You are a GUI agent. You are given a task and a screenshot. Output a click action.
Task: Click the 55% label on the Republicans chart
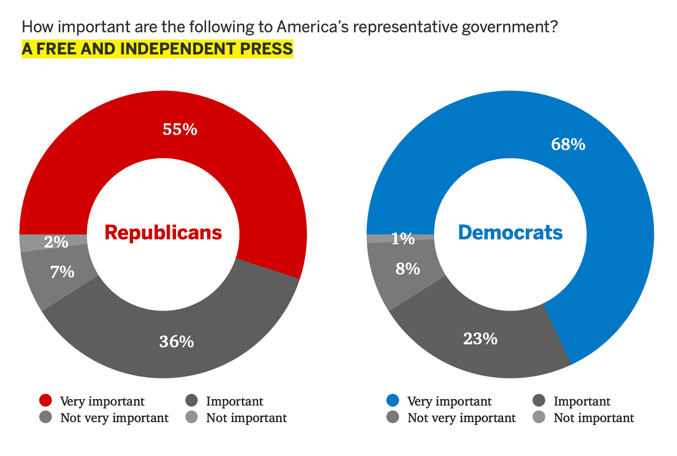tap(180, 130)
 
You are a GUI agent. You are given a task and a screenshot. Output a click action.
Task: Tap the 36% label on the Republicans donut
tap(176, 342)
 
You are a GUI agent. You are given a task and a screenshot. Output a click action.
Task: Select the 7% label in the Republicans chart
tap(62, 272)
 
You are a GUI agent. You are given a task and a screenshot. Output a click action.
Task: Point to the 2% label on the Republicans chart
tap(56, 242)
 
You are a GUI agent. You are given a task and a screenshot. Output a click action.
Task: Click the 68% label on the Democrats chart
tap(568, 144)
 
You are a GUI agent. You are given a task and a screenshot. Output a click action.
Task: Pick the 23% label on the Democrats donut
tap(480, 339)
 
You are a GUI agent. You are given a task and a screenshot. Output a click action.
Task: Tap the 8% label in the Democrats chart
tap(408, 269)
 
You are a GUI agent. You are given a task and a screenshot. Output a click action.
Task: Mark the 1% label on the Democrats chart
tap(403, 239)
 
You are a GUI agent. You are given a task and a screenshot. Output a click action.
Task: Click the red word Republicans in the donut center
tap(163, 233)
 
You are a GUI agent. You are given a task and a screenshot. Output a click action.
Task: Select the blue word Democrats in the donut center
tap(510, 233)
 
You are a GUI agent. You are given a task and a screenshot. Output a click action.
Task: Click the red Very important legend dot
tap(46, 400)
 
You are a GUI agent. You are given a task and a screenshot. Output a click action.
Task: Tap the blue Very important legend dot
tap(393, 400)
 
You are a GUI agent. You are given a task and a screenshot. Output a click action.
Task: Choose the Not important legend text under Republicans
tap(246, 418)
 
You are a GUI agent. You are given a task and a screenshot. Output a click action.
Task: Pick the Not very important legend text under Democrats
tap(461, 418)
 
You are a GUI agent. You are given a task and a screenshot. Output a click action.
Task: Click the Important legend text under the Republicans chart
tap(235, 401)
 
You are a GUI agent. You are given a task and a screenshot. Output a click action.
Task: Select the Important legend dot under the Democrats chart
tap(539, 400)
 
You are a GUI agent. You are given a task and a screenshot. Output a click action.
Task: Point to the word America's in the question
tap(313, 27)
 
